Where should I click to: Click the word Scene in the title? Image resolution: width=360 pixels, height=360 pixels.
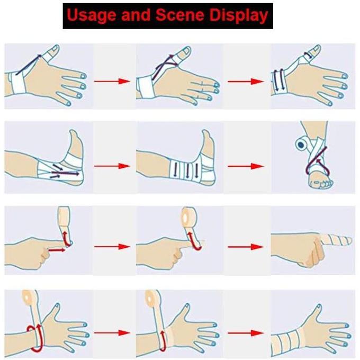click(x=180, y=15)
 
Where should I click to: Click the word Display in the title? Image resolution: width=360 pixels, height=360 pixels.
click(x=239, y=15)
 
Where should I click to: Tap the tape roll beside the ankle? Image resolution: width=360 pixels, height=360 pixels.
click(x=301, y=145)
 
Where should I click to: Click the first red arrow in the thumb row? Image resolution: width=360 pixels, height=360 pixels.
click(x=112, y=81)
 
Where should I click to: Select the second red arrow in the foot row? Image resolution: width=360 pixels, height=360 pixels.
click(x=246, y=166)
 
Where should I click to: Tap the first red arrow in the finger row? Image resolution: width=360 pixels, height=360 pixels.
click(x=112, y=247)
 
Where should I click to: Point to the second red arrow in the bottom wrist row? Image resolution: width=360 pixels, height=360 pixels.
click(x=246, y=333)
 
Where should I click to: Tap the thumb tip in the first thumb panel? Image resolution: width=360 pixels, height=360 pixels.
click(x=55, y=49)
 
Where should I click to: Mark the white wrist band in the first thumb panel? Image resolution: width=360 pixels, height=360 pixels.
click(x=18, y=83)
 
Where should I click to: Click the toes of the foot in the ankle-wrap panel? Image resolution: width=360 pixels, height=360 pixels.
click(x=321, y=183)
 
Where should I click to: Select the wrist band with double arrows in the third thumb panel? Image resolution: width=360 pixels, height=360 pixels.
click(x=278, y=82)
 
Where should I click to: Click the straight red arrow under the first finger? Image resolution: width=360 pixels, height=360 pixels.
click(x=57, y=249)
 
